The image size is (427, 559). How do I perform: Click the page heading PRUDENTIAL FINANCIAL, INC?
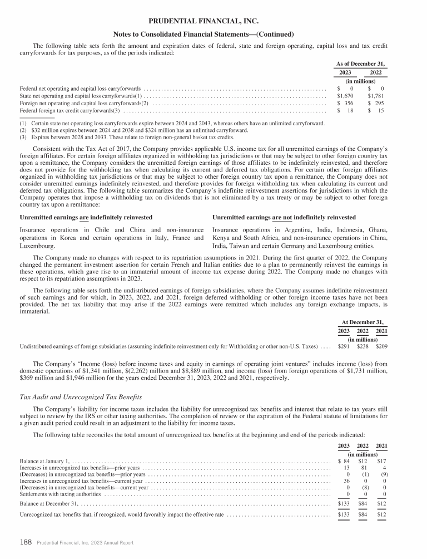coord(213,21)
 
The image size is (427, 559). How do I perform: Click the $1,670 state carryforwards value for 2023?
coord(347,96)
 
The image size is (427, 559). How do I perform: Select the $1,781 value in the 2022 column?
coord(377,96)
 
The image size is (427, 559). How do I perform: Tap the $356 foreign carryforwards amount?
coord(347,104)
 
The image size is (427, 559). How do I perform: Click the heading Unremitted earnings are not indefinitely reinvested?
coord(284,217)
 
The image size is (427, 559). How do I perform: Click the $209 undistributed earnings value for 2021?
coord(380,346)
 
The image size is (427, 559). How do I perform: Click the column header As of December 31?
coord(361,63)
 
